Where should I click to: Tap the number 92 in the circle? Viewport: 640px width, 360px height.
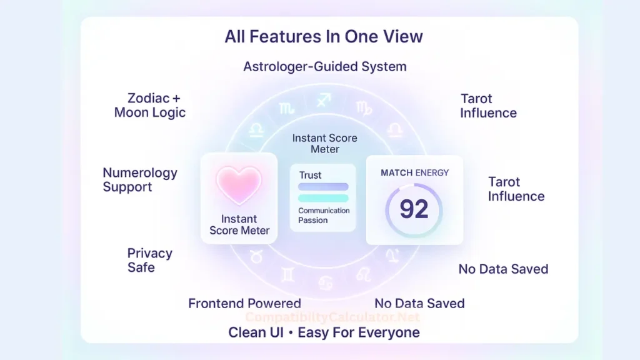(414, 209)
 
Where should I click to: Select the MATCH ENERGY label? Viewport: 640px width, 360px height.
(414, 172)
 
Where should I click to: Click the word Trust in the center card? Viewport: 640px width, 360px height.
(310, 175)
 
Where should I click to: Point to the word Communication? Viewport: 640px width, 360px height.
(324, 211)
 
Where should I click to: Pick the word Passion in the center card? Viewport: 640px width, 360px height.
(313, 220)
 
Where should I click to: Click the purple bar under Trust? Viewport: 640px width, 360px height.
(323, 186)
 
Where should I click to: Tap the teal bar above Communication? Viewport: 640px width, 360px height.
(323, 198)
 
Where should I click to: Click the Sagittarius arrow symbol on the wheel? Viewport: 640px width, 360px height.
(324, 99)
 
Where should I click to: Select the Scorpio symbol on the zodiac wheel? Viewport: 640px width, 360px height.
(287, 108)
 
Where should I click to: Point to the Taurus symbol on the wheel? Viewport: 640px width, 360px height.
(256, 255)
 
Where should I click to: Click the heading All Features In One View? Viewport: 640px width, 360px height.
(324, 36)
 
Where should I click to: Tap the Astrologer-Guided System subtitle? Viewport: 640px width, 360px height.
(324, 66)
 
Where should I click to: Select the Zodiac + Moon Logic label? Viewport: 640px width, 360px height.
(150, 106)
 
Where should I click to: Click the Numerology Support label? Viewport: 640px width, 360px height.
(140, 179)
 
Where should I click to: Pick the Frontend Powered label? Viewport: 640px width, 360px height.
(244, 304)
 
